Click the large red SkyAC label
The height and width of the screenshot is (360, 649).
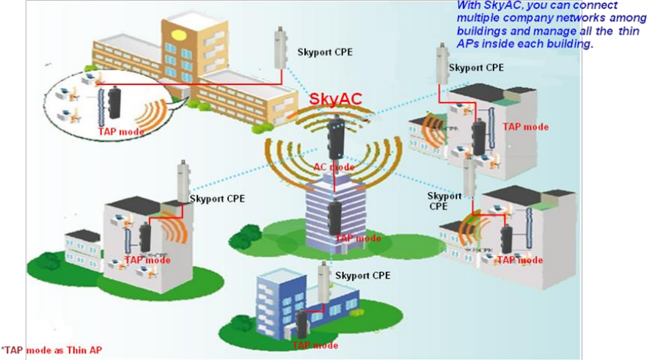click(x=336, y=99)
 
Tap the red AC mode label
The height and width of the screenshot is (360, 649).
click(x=334, y=167)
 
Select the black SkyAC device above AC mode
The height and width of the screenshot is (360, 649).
click(x=336, y=136)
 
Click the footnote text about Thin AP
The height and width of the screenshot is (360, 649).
click(x=51, y=350)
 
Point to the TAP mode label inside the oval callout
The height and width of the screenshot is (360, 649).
click(x=121, y=131)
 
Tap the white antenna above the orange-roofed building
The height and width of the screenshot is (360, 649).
click(x=279, y=48)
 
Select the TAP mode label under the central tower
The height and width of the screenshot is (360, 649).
click(x=358, y=238)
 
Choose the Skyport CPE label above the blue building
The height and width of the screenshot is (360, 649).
click(x=362, y=276)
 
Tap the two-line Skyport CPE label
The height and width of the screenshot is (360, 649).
click(x=444, y=201)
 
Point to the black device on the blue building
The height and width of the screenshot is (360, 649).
click(x=301, y=323)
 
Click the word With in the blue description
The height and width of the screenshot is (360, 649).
click(x=470, y=7)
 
